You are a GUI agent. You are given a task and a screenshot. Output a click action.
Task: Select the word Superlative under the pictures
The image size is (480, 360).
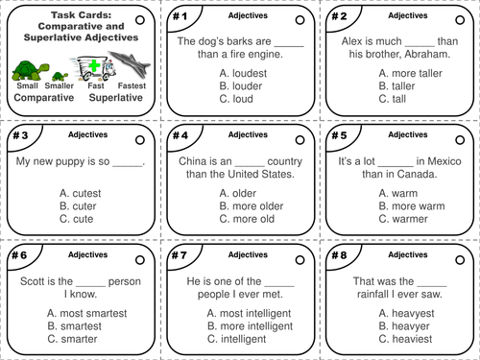pos(108,97)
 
